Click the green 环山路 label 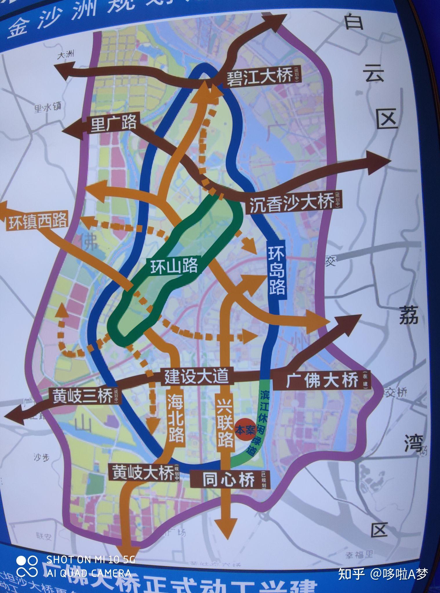[174, 266]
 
